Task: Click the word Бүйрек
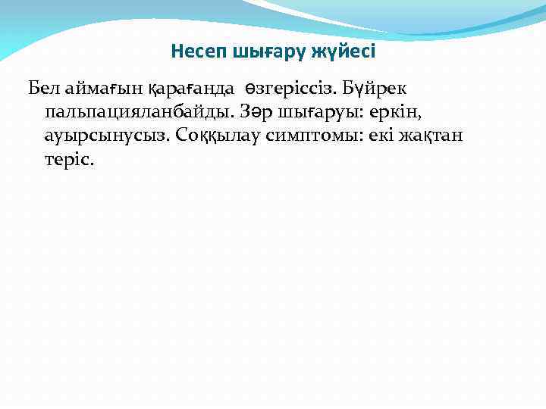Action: pyautogui.click(x=375, y=88)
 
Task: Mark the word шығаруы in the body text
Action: pyautogui.click(x=318, y=112)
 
